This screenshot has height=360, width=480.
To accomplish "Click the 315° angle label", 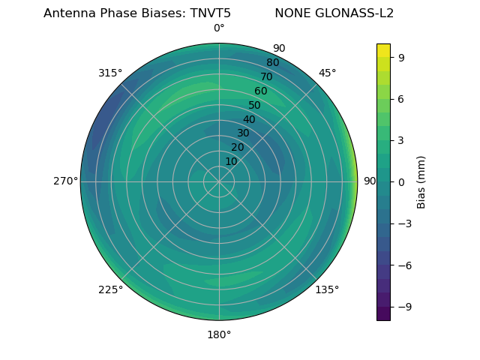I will pos(110,73).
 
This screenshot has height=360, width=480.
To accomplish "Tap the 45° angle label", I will pos(327,73).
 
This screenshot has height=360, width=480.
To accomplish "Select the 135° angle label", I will pos(327,289).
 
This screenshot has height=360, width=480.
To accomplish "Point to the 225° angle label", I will pos(110,289).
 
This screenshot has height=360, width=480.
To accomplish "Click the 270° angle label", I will pos(65,181).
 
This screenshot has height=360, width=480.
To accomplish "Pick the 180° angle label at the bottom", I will pos(219,334).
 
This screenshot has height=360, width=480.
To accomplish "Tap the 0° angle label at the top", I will pos(219,28).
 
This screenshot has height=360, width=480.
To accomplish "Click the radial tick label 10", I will pos(231,161).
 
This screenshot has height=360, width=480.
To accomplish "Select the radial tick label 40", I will pos(249,119).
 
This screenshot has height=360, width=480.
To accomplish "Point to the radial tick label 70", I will pos(267,76).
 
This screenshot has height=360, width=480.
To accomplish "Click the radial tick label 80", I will pos(273,62).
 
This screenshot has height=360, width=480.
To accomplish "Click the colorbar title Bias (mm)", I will pos(421,182).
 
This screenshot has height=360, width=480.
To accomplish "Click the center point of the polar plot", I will pos(219,181).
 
